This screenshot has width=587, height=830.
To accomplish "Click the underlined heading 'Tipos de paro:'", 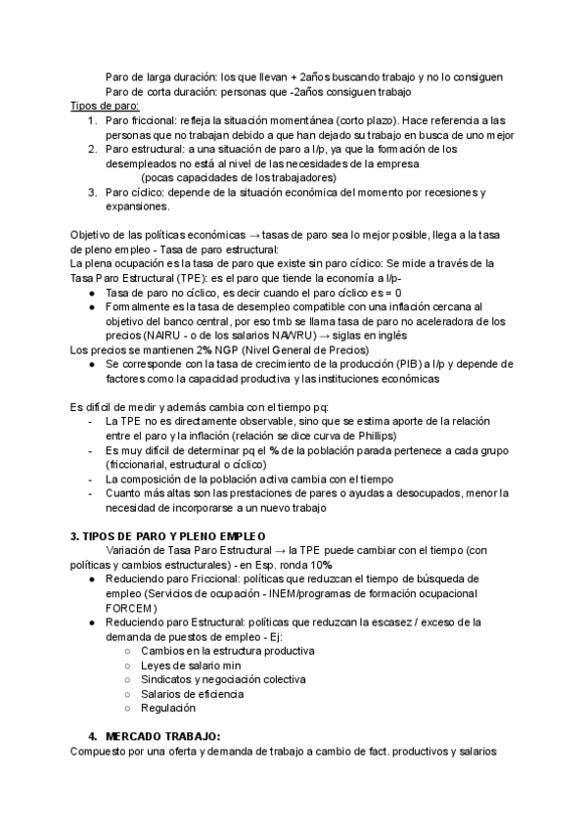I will point(105,106).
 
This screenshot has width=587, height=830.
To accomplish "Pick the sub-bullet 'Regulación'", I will point(168,707).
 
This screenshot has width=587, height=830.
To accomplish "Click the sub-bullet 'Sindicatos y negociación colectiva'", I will point(223,678).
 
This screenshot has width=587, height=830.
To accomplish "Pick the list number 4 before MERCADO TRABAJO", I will point(90,735).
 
